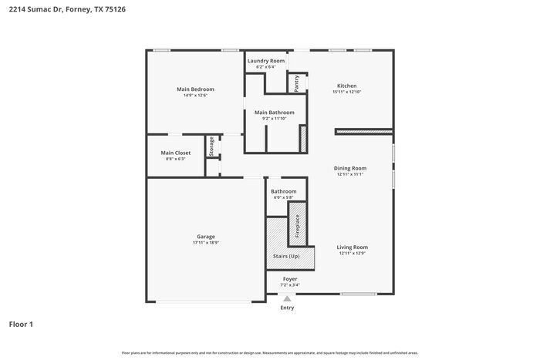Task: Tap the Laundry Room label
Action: pyautogui.click(x=265, y=61)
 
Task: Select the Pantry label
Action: pyautogui.click(x=296, y=83)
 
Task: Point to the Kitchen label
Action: pyautogui.click(x=346, y=86)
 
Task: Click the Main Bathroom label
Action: pyautogui.click(x=274, y=113)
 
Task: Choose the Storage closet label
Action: pyautogui.click(x=211, y=146)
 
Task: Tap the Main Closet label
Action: pyautogui.click(x=176, y=153)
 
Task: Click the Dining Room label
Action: pyautogui.click(x=349, y=168)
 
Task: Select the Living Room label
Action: pyautogui.click(x=352, y=247)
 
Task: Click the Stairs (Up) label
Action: pyautogui.click(x=286, y=256)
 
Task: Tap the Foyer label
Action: pyautogui.click(x=289, y=278)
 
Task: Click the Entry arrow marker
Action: pyautogui.click(x=287, y=298)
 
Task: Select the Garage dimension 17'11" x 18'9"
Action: pyautogui.click(x=206, y=243)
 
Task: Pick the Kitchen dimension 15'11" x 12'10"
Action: pyautogui.click(x=346, y=92)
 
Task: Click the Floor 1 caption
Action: pyautogui.click(x=21, y=325)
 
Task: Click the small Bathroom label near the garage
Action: pyautogui.click(x=283, y=191)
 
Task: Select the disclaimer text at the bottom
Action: pyautogui.click(x=270, y=352)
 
